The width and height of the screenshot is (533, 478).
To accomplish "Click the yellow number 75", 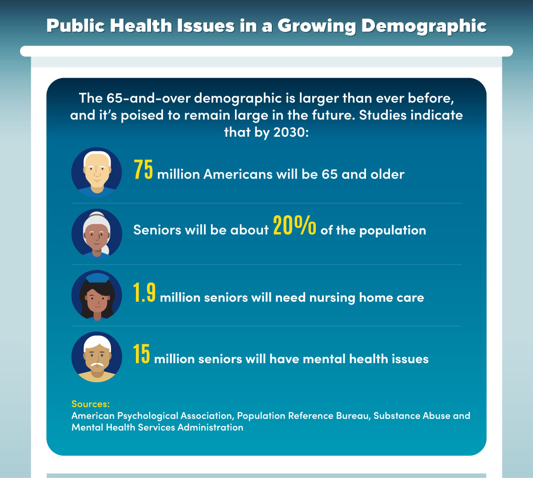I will [143, 170].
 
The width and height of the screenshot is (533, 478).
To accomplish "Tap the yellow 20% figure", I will [294, 226].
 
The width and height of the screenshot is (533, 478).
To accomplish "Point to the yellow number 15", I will [142, 355].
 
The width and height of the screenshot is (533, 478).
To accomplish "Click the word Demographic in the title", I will [424, 26].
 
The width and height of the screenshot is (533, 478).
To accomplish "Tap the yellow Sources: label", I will [90, 404].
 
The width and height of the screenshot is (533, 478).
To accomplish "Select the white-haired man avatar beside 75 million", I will [97, 173].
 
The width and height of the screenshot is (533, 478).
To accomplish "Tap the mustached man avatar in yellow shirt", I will [97, 357].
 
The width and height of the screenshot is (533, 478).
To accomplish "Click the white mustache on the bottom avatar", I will [97, 365].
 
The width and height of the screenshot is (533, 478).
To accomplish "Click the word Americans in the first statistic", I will [238, 174].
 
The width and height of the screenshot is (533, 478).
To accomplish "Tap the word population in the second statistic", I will [392, 230].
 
